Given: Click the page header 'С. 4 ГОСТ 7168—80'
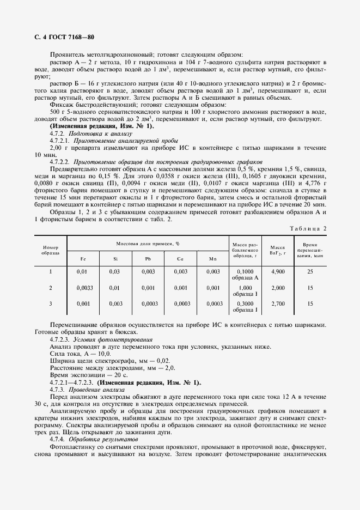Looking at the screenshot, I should coord(63,38).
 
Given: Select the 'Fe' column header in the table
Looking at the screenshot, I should coord(83,259).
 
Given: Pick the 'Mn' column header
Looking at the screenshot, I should coord(212,259).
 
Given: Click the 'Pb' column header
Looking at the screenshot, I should coord(148,259).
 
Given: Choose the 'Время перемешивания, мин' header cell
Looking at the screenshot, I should coord(310,250).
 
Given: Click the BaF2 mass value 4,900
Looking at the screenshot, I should coord(277,271).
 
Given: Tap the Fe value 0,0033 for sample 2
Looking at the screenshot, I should coord(83,287).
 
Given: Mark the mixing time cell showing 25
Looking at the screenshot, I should coord(310,271).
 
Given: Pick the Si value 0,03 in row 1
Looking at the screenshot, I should coord(114,271).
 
